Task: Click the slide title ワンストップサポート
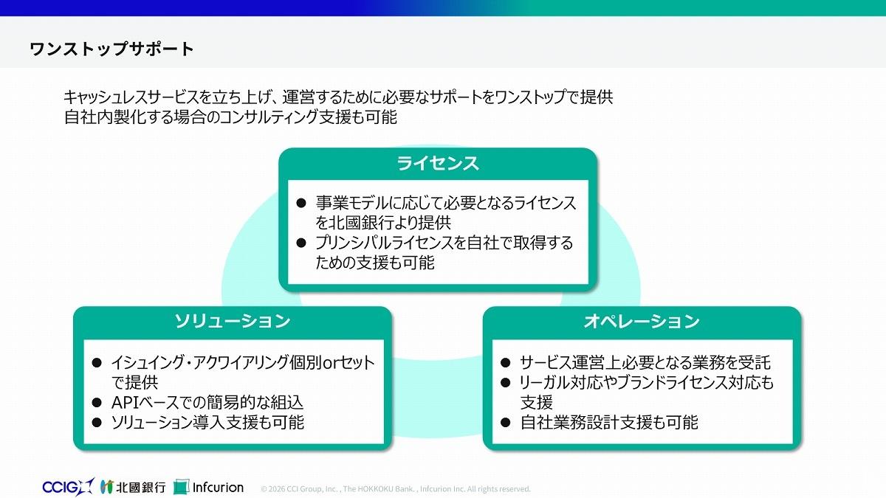[x=111, y=49]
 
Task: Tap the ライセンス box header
[x=437, y=163]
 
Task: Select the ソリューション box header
[x=232, y=322]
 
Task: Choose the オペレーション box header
[x=641, y=322]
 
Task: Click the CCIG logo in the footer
[x=67, y=487]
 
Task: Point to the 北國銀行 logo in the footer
[x=134, y=487]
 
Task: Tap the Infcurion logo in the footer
[x=208, y=487]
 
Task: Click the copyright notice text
[x=396, y=488]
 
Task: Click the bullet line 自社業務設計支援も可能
[x=608, y=423]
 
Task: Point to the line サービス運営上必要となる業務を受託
[x=645, y=363]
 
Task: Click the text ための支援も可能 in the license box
[x=375, y=262]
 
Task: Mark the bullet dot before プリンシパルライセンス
[x=301, y=243]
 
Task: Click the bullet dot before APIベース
[x=96, y=403]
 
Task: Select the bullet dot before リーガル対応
[x=506, y=383]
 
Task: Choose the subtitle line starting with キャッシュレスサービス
[x=338, y=97]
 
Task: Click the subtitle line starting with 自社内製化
[x=230, y=117]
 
